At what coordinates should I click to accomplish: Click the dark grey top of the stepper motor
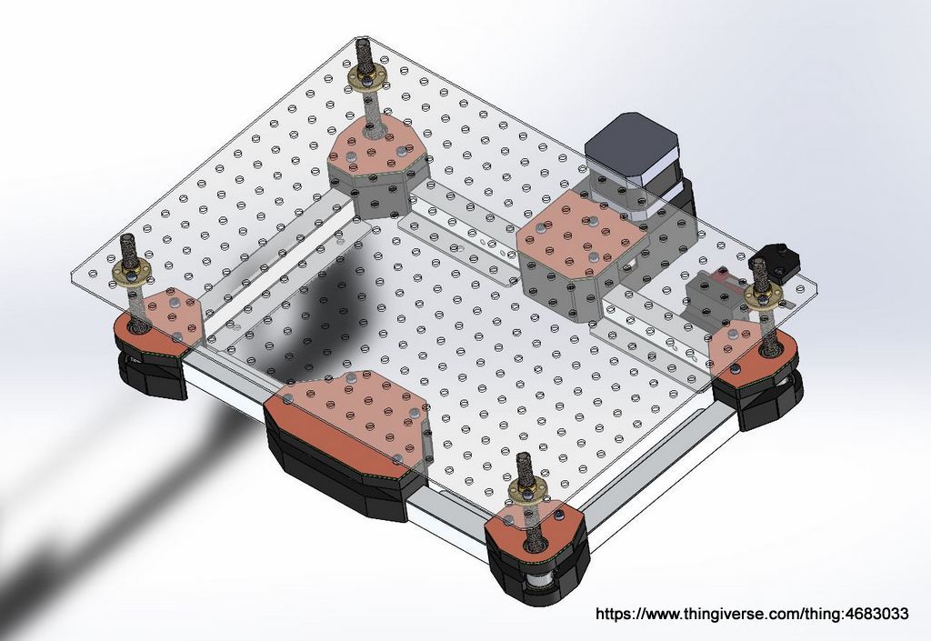(631, 145)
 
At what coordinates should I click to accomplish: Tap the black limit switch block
(780, 258)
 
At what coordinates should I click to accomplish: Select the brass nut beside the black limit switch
(763, 296)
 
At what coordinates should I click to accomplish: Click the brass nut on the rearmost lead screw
(366, 80)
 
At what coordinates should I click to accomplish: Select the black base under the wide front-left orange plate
(336, 477)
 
